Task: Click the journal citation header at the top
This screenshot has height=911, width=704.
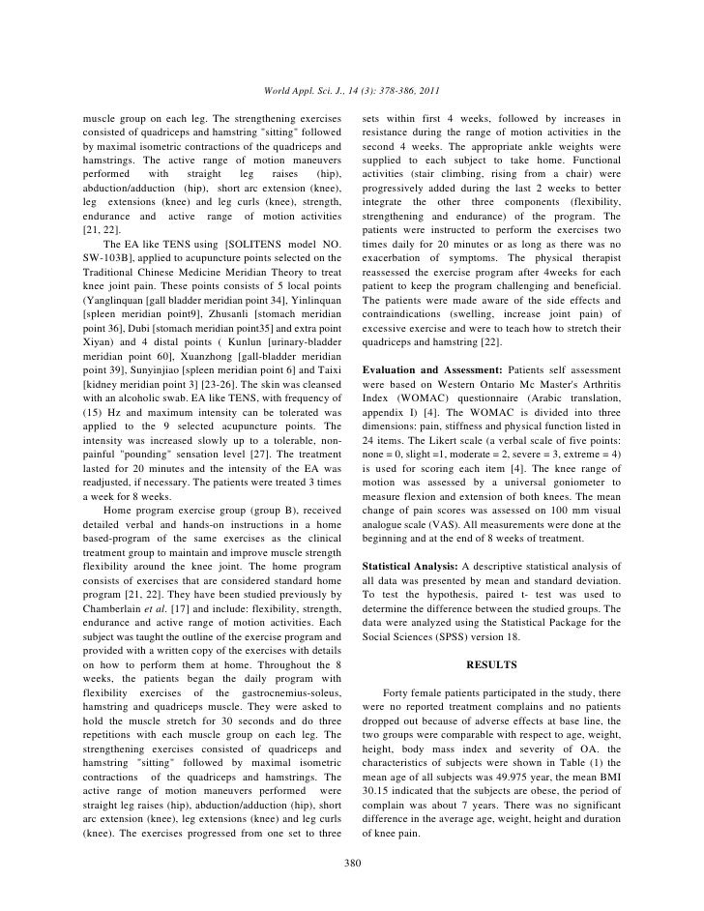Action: (352, 92)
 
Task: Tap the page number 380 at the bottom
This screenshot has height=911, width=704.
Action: (352, 863)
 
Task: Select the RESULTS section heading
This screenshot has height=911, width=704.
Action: (492, 665)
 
